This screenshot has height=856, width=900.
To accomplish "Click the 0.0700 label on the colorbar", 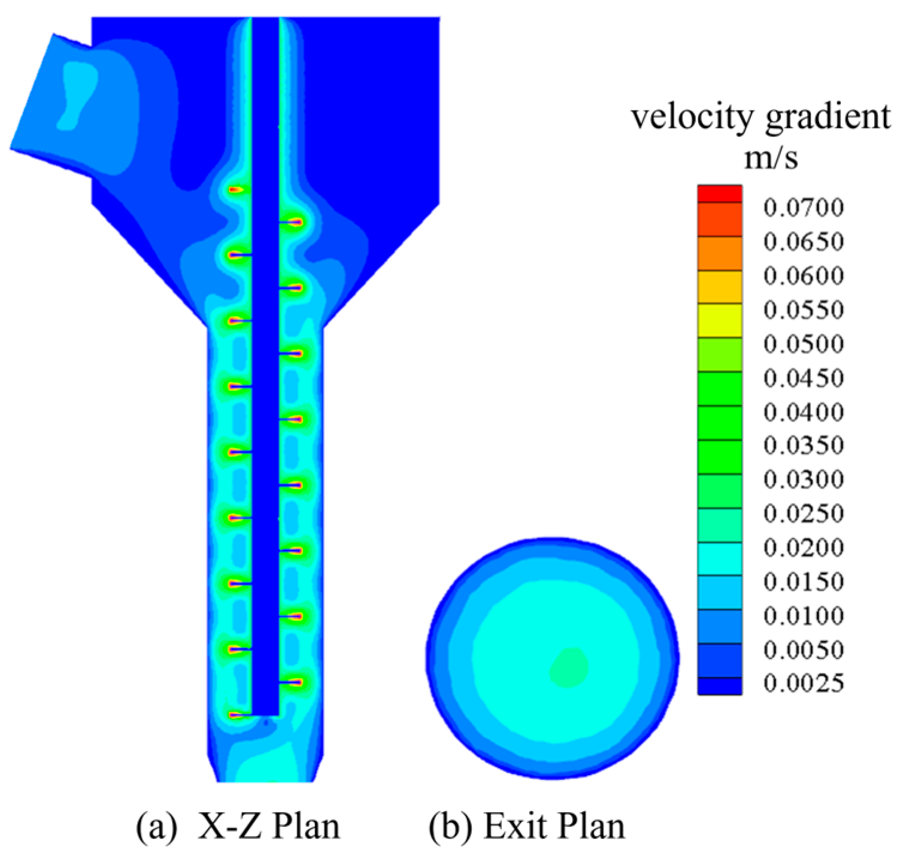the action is (x=804, y=208).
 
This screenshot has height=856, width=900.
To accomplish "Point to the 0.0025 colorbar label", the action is (x=804, y=684).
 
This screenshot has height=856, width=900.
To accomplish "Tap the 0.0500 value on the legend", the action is (x=804, y=344).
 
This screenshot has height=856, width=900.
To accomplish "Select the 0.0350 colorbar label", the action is (x=804, y=445).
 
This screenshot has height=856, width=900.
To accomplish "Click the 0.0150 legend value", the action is (x=804, y=582).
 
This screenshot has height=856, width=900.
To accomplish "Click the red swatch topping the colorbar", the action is (x=720, y=193).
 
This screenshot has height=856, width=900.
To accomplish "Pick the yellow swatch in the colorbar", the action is (x=720, y=320).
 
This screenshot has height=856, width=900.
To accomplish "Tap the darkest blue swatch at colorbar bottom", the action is (x=720, y=686).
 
